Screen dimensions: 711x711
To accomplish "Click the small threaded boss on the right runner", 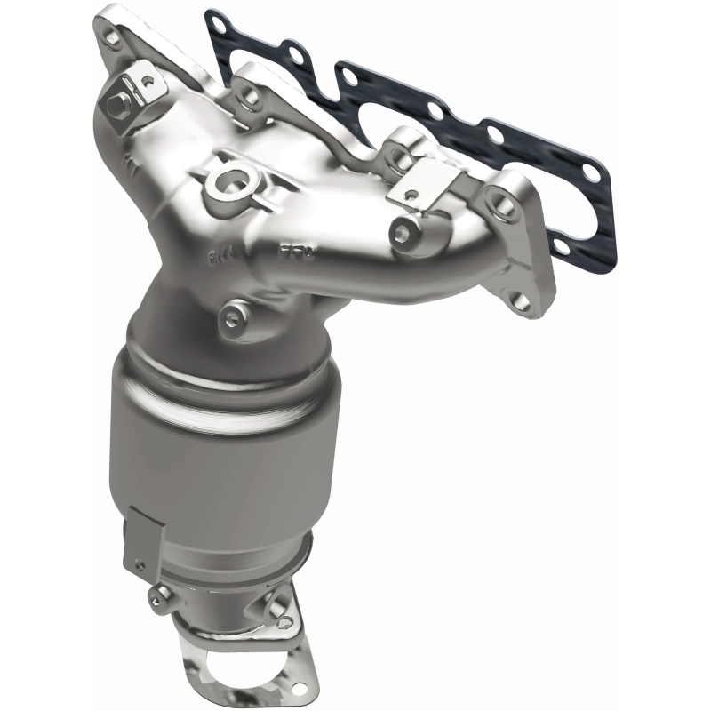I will (x=403, y=232).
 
